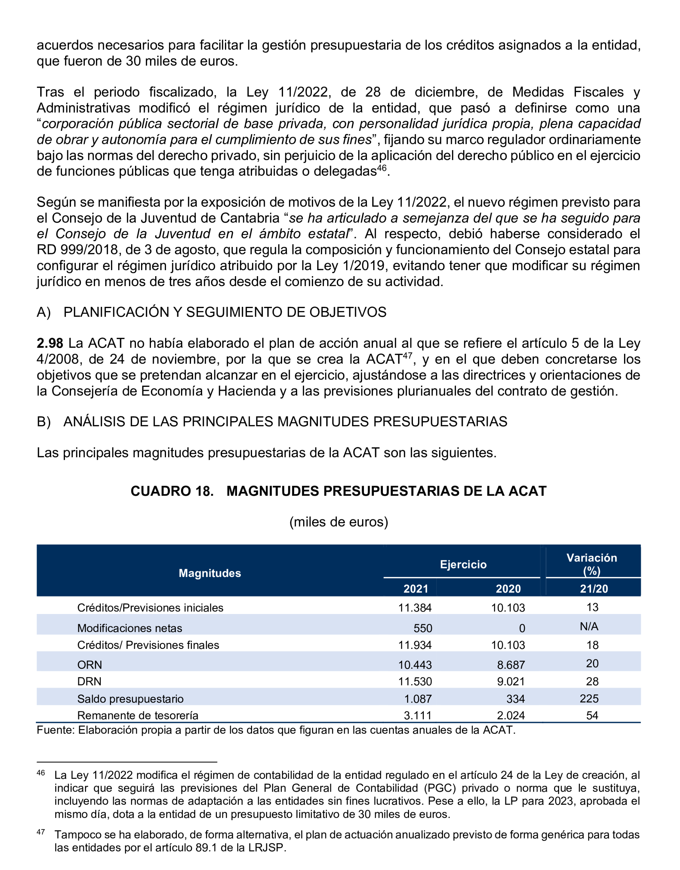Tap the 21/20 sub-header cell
click(x=594, y=589)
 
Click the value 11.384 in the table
click(x=415, y=608)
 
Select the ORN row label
click(x=90, y=665)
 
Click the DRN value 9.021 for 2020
click(x=510, y=682)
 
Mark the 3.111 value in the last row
click(x=418, y=715)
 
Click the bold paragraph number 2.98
click(x=50, y=343)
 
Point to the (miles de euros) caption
click(x=338, y=522)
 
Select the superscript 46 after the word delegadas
click(x=381, y=168)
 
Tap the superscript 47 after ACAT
click(x=407, y=355)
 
